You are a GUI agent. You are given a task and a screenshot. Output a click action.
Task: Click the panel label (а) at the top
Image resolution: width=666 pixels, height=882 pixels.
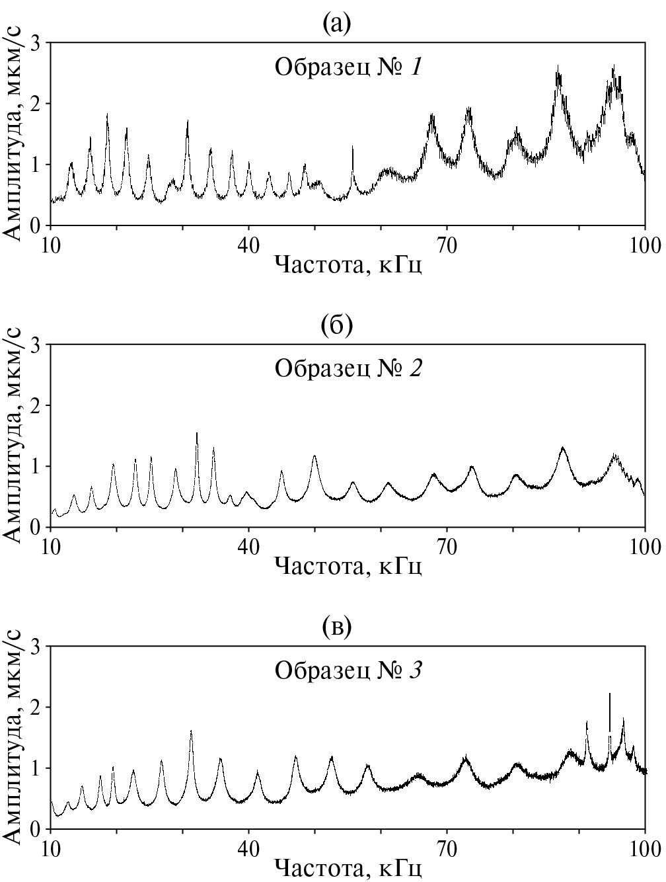coord(337,24)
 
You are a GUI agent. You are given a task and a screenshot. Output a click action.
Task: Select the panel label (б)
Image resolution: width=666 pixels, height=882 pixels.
coord(337,326)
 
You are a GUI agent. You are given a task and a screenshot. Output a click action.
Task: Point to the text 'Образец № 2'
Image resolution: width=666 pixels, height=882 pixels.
coord(348,368)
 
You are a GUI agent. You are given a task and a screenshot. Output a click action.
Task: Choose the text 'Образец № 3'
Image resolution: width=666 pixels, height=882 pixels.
coord(348,670)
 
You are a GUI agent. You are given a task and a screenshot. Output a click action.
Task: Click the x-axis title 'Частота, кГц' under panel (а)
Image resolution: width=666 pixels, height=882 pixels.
coord(348,265)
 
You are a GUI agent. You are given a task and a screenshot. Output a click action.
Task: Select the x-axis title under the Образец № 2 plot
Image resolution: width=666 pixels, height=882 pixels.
coord(348,567)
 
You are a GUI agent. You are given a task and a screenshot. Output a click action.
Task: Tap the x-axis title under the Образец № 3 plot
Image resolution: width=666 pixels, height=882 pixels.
coord(348,868)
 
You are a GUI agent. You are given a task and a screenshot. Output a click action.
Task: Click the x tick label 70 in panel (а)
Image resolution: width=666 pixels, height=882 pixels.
coord(447,245)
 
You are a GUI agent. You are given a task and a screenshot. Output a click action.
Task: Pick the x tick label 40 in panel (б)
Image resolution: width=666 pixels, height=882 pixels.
coord(248,547)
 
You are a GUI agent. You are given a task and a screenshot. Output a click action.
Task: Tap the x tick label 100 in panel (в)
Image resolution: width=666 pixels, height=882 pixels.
coord(645,849)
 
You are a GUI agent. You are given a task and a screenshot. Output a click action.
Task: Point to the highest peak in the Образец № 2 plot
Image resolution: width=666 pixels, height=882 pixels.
coord(197,434)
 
